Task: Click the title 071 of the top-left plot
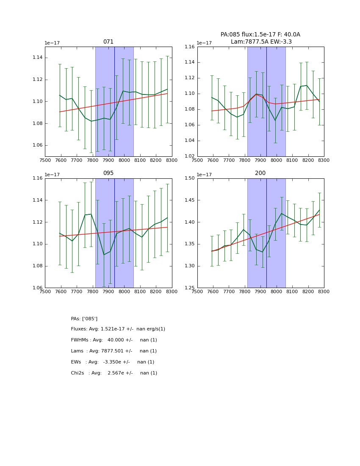108,42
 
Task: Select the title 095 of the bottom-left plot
108,173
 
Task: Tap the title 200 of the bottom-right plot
260,173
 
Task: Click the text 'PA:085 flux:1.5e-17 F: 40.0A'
260,35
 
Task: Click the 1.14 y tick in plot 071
37,58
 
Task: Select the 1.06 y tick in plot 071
37,145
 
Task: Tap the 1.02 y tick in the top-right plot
189,156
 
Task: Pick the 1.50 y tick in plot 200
189,178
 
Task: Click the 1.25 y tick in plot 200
189,288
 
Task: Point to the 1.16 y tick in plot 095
37,178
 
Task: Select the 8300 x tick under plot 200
324,292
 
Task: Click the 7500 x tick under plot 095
45,292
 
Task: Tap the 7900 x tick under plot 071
108,161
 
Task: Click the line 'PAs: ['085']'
84,319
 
